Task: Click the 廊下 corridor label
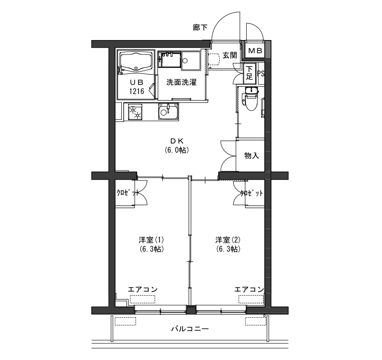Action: tap(200, 28)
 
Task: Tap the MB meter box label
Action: tap(255, 51)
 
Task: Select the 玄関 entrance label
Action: tap(230, 55)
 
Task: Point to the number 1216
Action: tap(137, 91)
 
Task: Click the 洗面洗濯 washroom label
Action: tap(181, 82)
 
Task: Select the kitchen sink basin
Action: tap(168, 111)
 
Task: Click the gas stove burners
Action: tap(135, 112)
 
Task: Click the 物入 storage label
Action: tap(251, 156)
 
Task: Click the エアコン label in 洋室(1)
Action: tap(143, 289)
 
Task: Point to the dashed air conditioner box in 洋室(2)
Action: tap(251, 299)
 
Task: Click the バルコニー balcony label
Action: tap(190, 329)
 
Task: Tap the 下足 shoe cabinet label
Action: tap(249, 72)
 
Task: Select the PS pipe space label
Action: tap(261, 74)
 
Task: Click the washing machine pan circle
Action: tap(185, 60)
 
